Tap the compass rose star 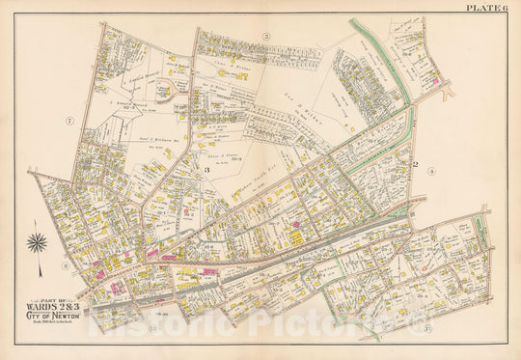click(38, 245)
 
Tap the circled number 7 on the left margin click(69, 121)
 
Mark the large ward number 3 click(206, 170)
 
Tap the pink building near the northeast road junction click(441, 83)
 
